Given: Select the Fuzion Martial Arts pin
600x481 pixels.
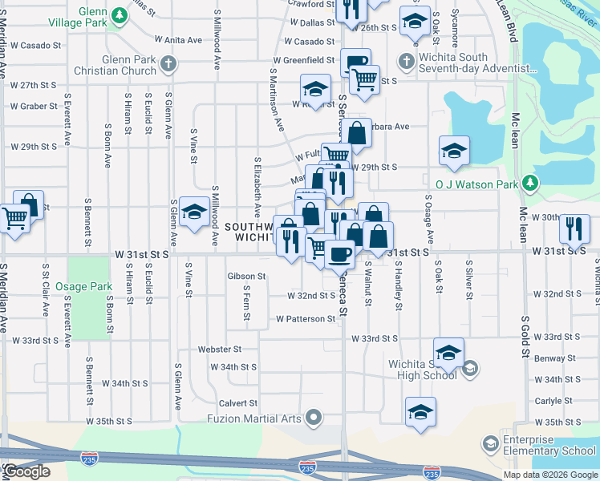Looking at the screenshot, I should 314,417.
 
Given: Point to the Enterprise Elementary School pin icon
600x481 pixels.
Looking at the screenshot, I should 489,444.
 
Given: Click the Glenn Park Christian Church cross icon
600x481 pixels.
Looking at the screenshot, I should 167,63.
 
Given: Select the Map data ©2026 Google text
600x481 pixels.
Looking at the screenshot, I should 550,475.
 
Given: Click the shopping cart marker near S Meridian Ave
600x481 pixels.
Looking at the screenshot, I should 14,218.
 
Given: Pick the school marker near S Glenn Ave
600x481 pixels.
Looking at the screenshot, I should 193,212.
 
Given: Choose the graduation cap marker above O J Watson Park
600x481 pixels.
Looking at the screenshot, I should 454,151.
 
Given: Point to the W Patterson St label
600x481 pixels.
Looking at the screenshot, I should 305,319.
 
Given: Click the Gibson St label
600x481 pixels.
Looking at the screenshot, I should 245,277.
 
